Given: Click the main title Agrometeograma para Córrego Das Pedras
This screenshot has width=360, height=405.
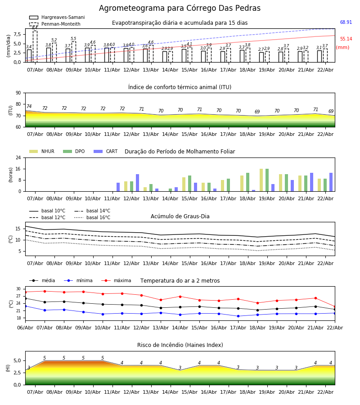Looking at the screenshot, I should [180, 9].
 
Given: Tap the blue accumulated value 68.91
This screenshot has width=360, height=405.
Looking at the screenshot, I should [346, 22].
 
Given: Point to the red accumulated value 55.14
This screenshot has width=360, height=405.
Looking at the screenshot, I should [346, 39].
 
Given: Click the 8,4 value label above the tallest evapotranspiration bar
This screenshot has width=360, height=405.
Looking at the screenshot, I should [35, 28].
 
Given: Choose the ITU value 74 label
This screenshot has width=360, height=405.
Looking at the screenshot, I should [29, 107].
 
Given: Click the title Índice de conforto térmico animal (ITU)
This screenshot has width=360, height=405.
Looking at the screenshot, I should [180, 87].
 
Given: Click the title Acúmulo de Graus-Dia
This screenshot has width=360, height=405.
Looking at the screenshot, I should [180, 216].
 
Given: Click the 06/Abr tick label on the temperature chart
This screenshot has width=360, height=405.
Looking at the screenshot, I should [25, 327].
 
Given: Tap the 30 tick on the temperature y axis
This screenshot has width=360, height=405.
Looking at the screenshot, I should [19, 289].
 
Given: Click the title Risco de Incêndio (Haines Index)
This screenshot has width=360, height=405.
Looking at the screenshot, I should [180, 345].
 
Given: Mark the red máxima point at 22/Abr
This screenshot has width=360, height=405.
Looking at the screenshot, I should [334, 306].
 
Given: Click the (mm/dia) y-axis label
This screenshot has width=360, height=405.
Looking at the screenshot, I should [9, 45].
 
